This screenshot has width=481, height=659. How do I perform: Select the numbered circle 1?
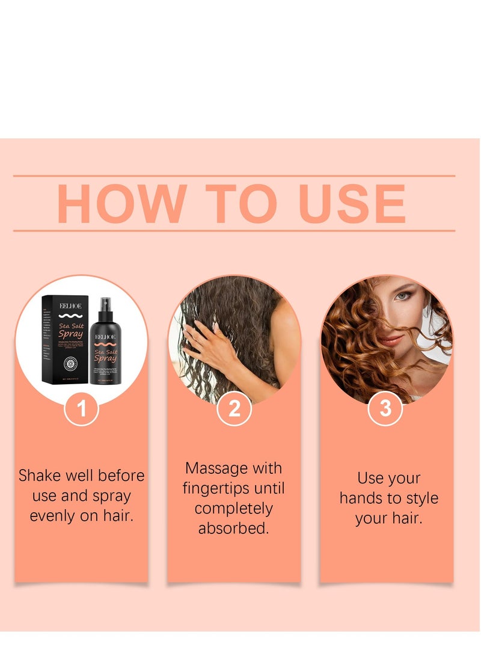(81, 409)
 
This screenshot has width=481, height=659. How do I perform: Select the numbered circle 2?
(234, 409)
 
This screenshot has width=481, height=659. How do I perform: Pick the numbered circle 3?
(385, 409)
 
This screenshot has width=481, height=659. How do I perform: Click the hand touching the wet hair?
(207, 343)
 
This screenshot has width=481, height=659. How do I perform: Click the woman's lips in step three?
(390, 340)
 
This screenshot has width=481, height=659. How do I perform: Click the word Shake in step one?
(39, 476)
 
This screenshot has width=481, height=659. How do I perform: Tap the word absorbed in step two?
(234, 529)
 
